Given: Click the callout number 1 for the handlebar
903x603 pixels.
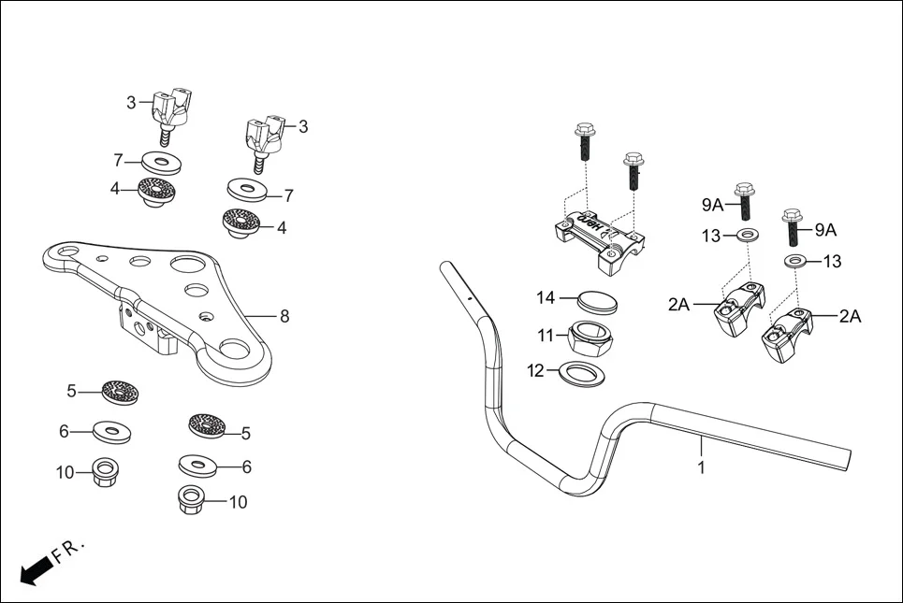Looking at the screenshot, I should click(x=702, y=467).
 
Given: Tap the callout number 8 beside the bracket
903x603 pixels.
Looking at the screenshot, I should click(x=284, y=316).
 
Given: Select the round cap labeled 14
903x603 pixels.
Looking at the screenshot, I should click(x=594, y=301).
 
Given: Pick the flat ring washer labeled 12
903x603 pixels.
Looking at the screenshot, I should click(x=582, y=373).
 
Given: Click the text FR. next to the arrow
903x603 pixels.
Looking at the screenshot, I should click(x=69, y=551).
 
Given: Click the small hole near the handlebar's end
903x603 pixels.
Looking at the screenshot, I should click(x=468, y=298).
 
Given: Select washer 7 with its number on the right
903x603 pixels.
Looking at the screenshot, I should click(x=247, y=191).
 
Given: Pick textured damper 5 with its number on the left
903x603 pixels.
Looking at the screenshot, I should click(x=119, y=390).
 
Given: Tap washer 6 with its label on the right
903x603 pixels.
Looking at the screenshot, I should click(x=198, y=465).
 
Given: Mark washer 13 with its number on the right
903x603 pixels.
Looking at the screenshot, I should click(x=797, y=261).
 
